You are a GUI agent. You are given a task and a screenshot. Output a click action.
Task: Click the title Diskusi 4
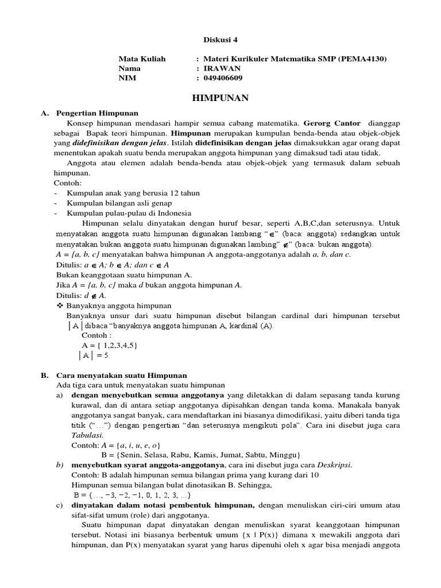point(220,40)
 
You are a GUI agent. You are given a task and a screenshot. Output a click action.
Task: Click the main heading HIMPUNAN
point(220,98)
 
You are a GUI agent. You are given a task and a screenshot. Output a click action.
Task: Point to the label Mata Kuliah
point(142,59)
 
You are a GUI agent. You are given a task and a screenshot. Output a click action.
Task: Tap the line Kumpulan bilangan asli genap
point(119,203)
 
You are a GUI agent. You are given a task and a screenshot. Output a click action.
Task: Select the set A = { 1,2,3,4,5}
point(109,345)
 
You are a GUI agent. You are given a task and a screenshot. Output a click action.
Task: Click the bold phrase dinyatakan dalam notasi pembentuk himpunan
point(163,505)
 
